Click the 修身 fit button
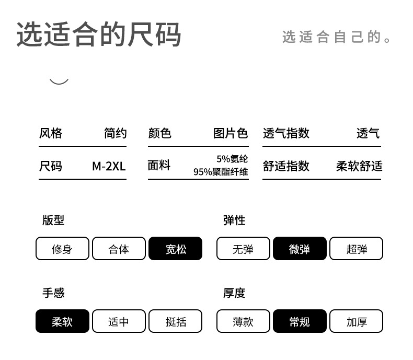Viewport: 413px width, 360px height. (62, 248)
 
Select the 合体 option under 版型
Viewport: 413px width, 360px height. (119, 248)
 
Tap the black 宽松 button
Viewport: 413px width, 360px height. (176, 248)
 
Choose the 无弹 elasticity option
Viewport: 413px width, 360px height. (243, 248)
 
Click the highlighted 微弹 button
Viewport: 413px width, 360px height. (300, 248)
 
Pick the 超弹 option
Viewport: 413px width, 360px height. (357, 248)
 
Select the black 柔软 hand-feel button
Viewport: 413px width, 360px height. (62, 321)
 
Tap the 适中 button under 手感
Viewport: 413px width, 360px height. (119, 321)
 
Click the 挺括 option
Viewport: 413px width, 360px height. (176, 321)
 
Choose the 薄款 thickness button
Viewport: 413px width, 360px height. (243, 321)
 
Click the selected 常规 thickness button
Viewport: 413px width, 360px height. (300, 321)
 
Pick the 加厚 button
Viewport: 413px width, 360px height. (357, 321)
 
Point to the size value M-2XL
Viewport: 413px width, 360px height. (109, 166)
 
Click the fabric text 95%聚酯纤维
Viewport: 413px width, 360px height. (221, 172)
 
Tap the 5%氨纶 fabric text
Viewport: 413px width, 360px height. (232, 159)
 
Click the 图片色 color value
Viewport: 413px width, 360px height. (231, 133)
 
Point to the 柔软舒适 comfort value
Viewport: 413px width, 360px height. (359, 166)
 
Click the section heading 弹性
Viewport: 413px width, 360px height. (234, 220)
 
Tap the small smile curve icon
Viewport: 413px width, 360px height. (59, 82)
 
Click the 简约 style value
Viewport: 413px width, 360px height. (116, 133)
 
